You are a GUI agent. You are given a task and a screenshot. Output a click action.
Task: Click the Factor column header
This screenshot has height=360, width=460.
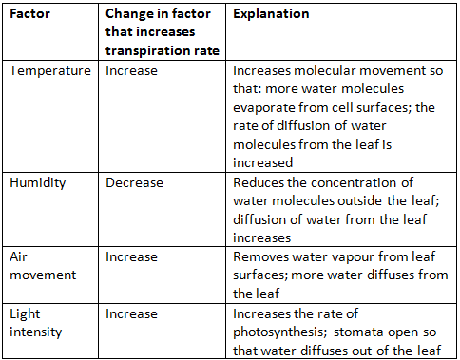click(x=31, y=15)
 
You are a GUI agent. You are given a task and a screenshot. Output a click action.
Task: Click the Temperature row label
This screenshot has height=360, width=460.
click(x=51, y=70)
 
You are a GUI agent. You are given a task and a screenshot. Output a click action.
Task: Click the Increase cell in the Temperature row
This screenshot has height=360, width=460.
click(x=131, y=70)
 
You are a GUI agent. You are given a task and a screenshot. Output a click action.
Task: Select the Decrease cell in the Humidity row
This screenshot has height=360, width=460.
click(x=134, y=182)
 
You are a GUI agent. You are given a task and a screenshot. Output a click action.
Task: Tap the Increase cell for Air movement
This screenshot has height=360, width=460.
click(x=131, y=256)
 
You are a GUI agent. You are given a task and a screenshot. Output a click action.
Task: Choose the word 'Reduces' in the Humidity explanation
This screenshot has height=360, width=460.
click(x=259, y=182)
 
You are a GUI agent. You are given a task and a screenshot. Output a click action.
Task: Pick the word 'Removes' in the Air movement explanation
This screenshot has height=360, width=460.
click(x=261, y=256)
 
